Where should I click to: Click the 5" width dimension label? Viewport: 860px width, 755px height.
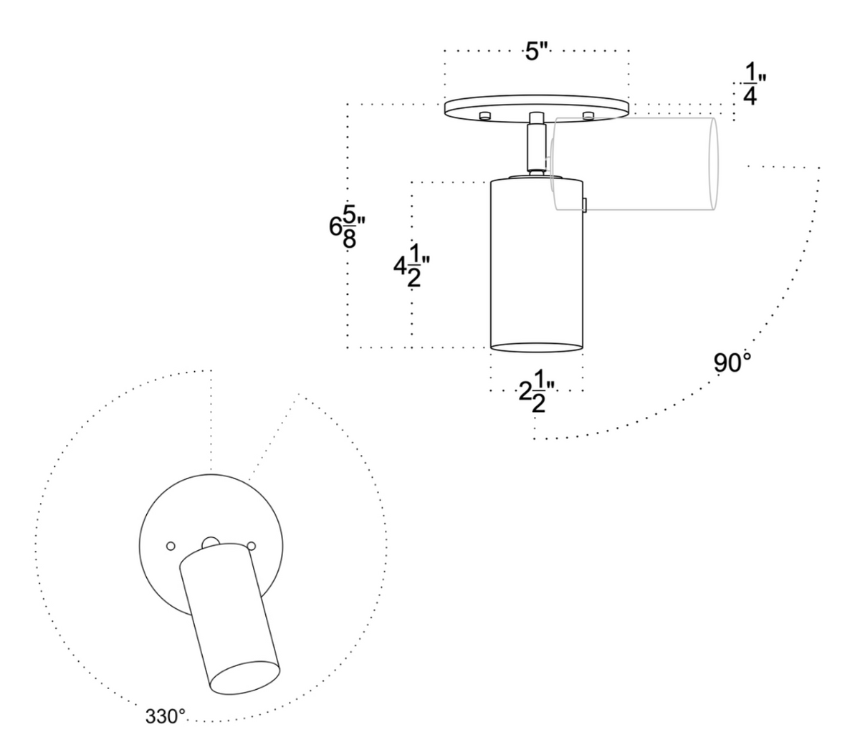537,52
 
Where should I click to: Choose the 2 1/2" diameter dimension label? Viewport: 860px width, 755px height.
534,394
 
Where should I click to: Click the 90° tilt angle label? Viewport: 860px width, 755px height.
732,362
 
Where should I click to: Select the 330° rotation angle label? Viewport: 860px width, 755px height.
166,716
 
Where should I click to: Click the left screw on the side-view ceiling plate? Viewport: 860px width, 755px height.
485,115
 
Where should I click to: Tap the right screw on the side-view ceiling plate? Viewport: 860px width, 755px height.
589,115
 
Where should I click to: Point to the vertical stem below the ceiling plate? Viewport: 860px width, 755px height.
535,148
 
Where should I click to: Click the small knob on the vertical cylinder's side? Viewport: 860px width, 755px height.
586,206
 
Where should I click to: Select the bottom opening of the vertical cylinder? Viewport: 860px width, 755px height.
536,347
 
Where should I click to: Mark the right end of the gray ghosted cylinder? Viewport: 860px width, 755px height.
713,165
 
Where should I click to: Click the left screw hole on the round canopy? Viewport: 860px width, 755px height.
170,546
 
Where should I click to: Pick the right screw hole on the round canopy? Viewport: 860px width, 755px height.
252,546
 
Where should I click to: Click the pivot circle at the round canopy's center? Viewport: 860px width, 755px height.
211,542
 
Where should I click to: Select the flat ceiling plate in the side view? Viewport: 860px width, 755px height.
536,107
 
